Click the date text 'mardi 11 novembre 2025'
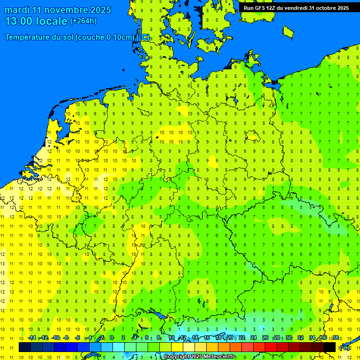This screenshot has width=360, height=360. tap(58, 10)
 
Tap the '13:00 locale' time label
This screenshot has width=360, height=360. tap(36, 21)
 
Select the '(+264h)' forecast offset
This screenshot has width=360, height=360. tap(83, 21)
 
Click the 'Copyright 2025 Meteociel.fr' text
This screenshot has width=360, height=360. tap(200, 357)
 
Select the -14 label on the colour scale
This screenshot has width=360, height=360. tap(32, 338)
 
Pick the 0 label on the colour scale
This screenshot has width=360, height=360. tap(112, 338)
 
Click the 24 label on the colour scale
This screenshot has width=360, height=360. tap(254, 338)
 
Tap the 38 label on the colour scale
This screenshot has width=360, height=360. tap(336, 338)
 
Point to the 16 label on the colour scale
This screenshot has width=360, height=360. tap(206, 338)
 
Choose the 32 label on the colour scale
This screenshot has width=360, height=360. tap(300, 338)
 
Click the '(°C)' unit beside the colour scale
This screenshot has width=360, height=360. tap(345, 348)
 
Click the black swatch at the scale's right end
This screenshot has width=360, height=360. tap(330, 347)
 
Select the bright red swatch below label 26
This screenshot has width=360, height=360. tap(271, 347)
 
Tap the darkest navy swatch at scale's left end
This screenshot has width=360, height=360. tap(25, 347)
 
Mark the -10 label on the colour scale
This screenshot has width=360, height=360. tap(55, 338)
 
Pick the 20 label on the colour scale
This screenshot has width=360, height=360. tap(230, 338)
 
